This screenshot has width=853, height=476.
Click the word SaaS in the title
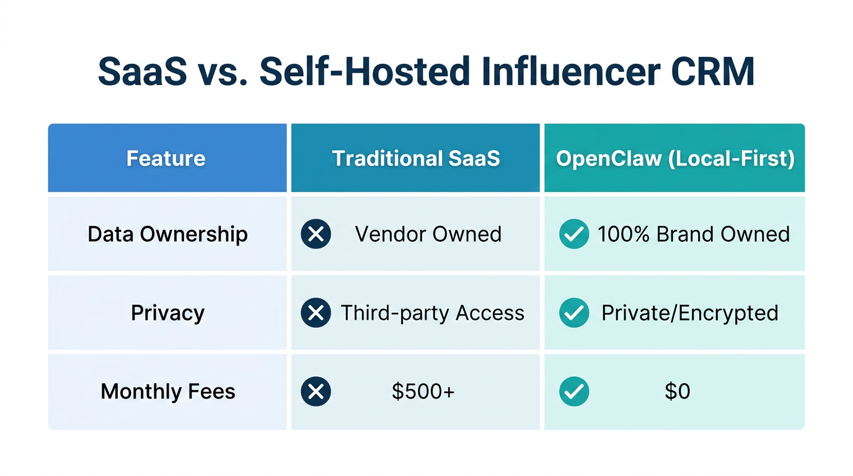142,72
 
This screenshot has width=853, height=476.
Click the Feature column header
166,158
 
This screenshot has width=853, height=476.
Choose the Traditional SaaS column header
415,158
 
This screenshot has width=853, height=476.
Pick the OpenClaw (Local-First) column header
675,158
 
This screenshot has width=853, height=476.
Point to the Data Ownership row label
167,234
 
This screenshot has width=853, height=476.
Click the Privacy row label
167,313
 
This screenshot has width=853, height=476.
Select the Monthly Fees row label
168,392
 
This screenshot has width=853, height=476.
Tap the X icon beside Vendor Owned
316,234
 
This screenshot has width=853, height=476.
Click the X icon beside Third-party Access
316,313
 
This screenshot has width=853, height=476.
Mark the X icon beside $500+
316,392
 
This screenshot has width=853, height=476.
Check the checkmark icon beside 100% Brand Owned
574,234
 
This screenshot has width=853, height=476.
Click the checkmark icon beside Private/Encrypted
574,313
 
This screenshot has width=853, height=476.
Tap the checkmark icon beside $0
574,392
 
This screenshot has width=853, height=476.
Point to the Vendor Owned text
428,234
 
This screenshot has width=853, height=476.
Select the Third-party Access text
433,313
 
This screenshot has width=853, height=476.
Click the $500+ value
423,392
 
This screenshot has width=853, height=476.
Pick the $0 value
677,392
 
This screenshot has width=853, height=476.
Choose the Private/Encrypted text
689,313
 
